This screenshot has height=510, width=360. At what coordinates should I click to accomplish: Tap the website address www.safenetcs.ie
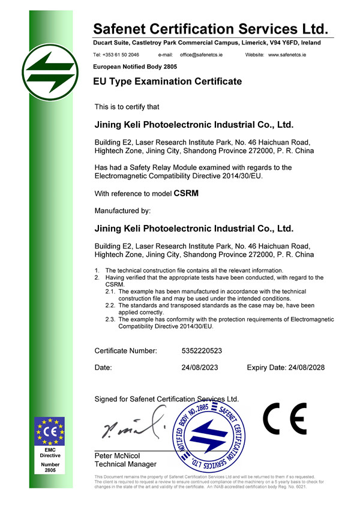[x=287, y=55]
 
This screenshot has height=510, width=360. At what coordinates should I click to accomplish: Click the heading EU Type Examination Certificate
[x=167, y=81]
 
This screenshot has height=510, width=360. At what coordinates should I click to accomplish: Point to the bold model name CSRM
[x=185, y=194]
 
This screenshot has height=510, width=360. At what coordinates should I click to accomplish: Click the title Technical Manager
[x=125, y=464]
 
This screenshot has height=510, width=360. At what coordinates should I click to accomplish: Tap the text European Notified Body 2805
[x=131, y=66]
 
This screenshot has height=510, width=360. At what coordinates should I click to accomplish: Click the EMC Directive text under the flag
[x=50, y=452]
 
